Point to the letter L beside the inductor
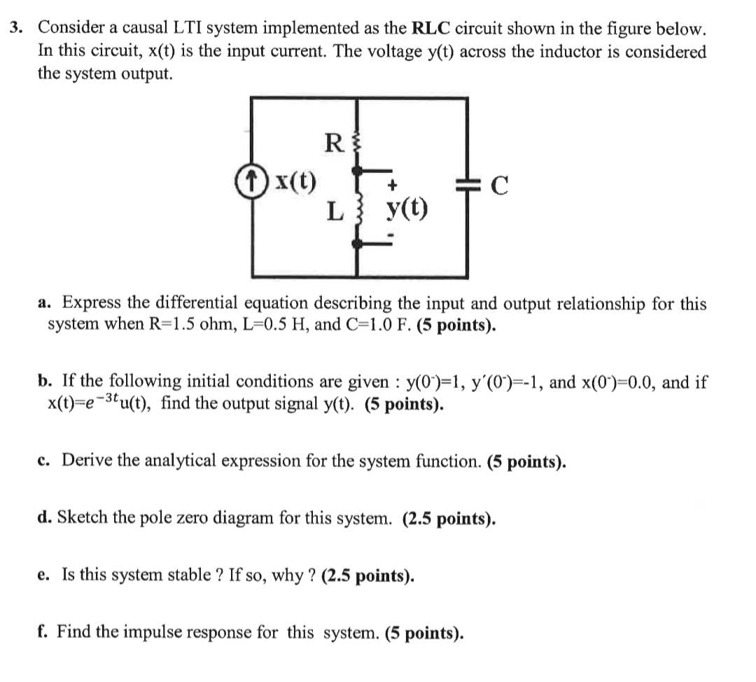click(x=335, y=211)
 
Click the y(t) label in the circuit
click(x=407, y=208)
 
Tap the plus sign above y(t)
click(x=393, y=186)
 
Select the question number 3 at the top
click(x=15, y=29)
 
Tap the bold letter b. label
click(x=46, y=382)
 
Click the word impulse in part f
click(x=221, y=632)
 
